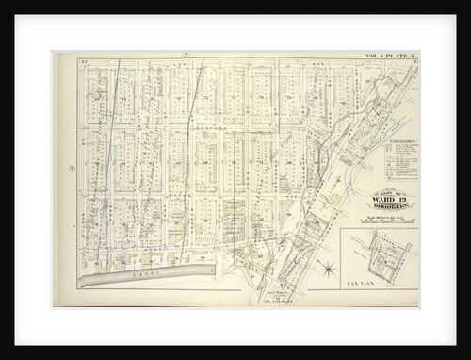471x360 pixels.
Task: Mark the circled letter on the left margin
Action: [x=71, y=169]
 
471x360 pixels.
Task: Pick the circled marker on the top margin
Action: [x=187, y=55]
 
